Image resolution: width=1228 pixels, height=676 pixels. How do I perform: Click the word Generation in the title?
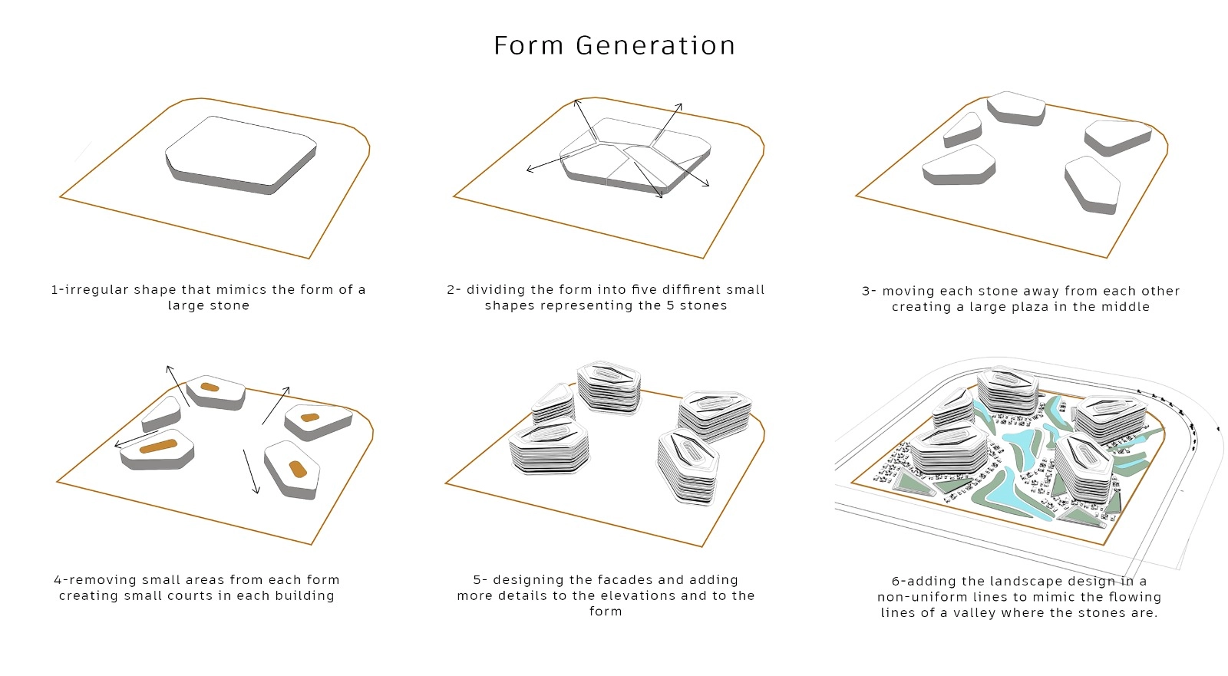[x=655, y=45]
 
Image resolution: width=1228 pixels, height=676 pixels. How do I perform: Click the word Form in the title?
[x=529, y=45]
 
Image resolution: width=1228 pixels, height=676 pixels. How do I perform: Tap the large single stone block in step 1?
[x=241, y=155]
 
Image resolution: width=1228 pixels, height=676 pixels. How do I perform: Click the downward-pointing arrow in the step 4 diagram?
[x=251, y=471]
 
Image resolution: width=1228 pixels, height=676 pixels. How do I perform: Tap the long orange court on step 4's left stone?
[x=158, y=447]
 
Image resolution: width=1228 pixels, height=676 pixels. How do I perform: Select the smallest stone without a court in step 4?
[x=161, y=414]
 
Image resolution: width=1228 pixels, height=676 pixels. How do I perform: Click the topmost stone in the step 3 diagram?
[x=1016, y=108]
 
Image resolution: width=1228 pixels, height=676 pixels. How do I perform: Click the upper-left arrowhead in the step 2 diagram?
[x=576, y=103]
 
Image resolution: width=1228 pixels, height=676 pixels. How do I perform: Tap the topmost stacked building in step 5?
[x=609, y=387]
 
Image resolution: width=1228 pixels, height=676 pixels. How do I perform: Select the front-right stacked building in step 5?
[x=688, y=466]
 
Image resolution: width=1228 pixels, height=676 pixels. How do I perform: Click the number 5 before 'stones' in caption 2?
[x=670, y=305]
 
